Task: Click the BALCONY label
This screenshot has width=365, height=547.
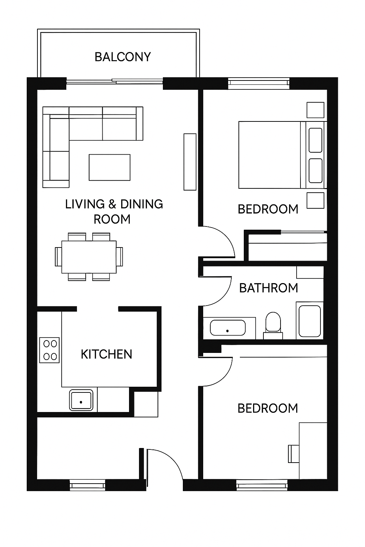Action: point(123,57)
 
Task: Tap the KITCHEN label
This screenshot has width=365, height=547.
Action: point(107,354)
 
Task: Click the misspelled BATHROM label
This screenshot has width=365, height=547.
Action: point(268,288)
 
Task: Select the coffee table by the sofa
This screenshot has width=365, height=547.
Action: point(109,167)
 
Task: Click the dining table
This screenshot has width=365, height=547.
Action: point(89,257)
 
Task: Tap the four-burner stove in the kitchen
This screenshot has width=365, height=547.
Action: point(50,350)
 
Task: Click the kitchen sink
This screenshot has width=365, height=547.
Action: point(81,400)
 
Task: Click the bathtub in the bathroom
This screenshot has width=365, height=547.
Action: point(228,328)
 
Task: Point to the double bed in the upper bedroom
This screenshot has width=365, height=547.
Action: point(283,155)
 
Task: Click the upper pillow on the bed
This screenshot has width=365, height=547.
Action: point(315,140)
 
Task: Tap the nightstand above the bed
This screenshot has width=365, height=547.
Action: point(315,110)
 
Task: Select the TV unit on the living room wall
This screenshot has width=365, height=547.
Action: point(190,162)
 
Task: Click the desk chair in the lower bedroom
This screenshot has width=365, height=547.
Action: point(293,454)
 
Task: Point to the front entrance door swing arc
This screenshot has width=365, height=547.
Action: point(171,457)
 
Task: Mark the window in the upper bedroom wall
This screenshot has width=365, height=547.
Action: point(259,83)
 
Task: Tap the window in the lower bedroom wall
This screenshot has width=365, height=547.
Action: point(262,485)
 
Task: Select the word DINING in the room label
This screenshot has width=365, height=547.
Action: point(142,204)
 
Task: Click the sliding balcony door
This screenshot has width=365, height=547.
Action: point(115,81)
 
